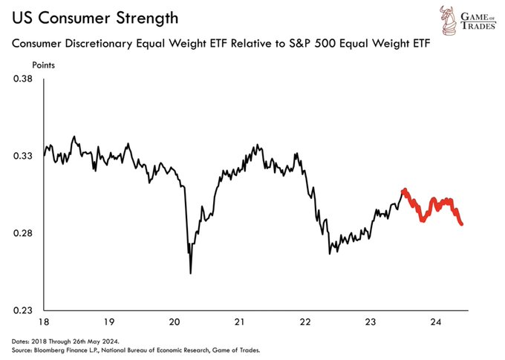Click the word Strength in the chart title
[147, 19]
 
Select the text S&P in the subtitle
[299, 43]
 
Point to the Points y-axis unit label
[44, 65]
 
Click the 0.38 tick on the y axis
[23, 79]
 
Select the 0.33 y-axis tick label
[23, 156]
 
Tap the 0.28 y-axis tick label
[23, 233]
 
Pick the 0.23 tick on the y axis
[23, 310]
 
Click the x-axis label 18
[44, 321]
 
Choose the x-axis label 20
[175, 321]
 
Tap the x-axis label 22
[305, 321]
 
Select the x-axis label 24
[435, 321]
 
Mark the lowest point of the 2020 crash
[191, 273]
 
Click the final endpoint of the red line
[462, 224]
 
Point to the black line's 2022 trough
[330, 254]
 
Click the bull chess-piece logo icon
[449, 19]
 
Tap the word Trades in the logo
[478, 26]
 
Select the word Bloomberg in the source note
[47, 350]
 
